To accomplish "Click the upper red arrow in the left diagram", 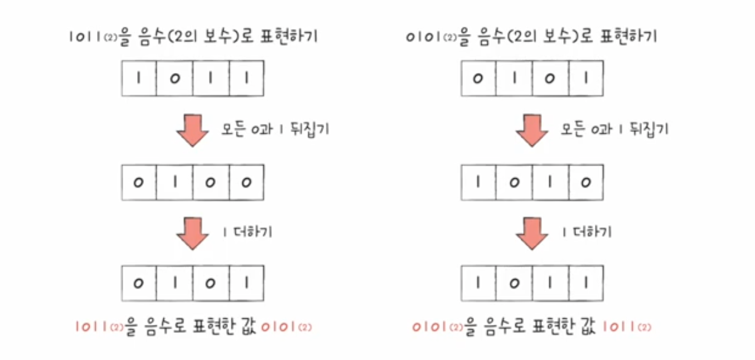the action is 192,129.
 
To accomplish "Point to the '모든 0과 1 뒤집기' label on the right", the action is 614,129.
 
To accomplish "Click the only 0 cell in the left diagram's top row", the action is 175,79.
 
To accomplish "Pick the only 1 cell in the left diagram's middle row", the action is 175,182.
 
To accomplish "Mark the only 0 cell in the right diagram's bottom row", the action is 514,284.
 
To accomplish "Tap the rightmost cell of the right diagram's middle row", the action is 585,182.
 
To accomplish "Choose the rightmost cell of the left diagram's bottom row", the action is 246,284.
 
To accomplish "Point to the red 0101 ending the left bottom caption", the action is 285,327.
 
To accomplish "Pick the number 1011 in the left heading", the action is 84,37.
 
